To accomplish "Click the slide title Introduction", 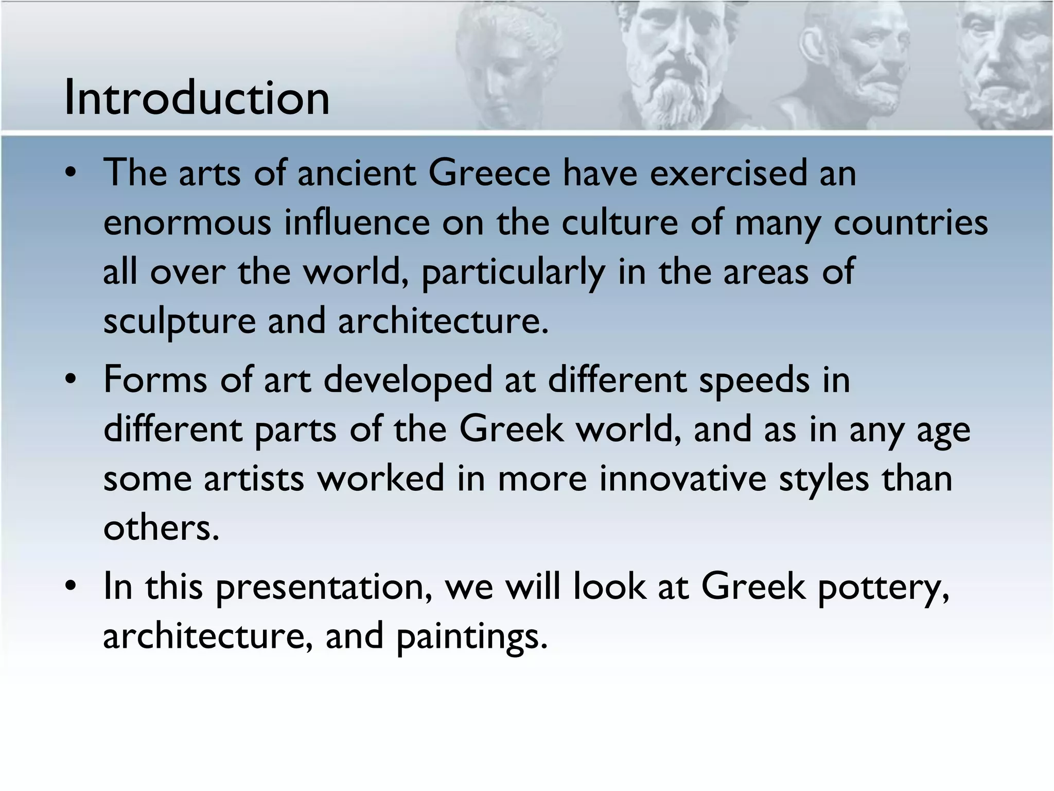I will coord(197,97).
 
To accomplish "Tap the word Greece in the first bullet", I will coord(489,173).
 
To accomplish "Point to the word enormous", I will coord(187,223).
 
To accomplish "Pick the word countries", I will coord(910,223).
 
